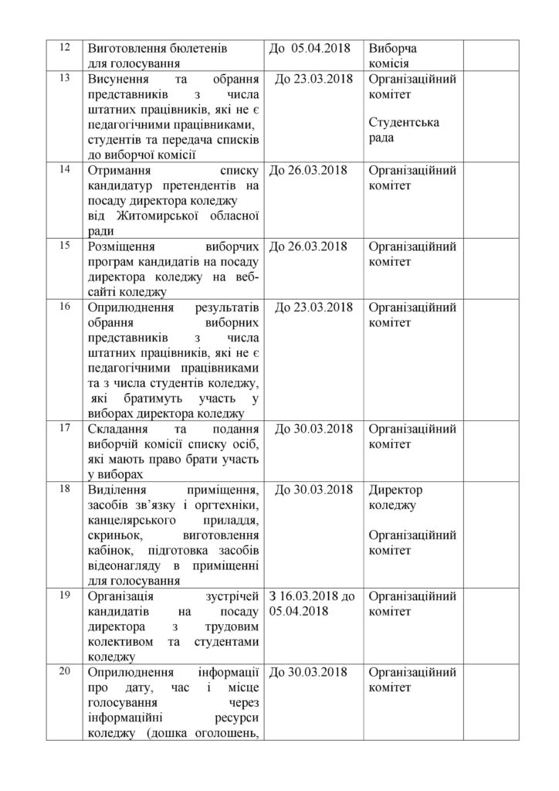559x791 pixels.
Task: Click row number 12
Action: coord(65,48)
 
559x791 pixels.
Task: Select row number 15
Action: coord(65,245)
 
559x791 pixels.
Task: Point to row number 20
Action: coord(65,670)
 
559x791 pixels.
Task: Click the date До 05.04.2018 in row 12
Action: coord(309,49)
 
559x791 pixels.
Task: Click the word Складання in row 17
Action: coord(121,429)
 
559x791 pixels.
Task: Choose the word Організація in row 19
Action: coord(124,596)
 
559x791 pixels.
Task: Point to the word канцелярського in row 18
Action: coord(140,521)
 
